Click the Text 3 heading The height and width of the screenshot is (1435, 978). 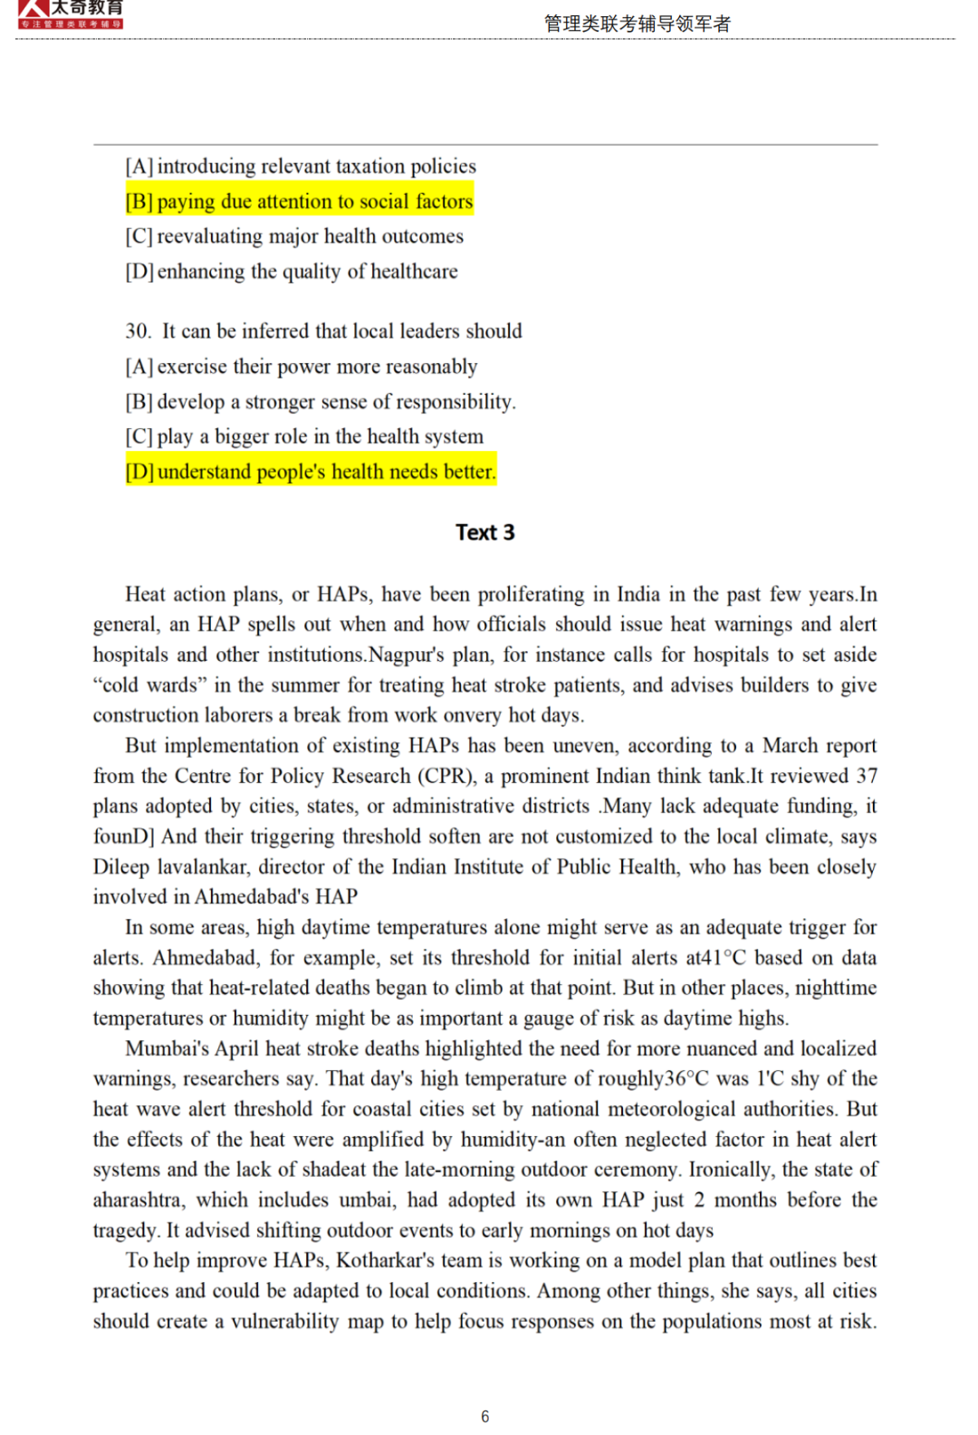484,532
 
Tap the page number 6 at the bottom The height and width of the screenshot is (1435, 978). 484,1416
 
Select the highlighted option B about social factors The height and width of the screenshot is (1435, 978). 299,201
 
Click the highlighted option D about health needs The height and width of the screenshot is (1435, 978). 311,472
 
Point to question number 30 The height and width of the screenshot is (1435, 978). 139,331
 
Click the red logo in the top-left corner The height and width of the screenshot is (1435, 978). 71,14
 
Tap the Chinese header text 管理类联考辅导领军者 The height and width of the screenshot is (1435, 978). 637,24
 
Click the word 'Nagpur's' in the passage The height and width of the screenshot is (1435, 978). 405,655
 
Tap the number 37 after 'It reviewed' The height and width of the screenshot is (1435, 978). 867,776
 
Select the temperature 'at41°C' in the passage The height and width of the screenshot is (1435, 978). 714,958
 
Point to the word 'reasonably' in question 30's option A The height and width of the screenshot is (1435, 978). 431,367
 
